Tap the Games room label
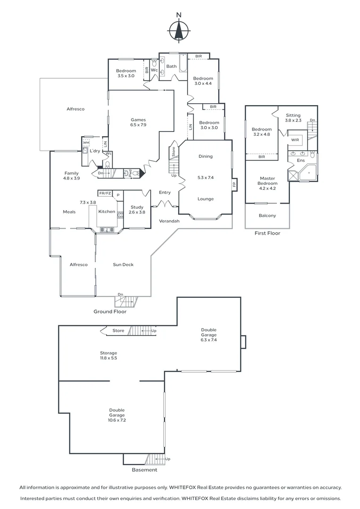(x=138, y=120)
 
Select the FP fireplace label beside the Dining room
(x=234, y=184)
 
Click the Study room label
(x=137, y=207)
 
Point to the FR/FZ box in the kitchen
(x=104, y=193)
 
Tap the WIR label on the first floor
(x=295, y=140)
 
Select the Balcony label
(x=267, y=215)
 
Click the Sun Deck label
(x=123, y=265)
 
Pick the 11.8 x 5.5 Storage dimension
(x=108, y=358)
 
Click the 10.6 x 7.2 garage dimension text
(x=117, y=420)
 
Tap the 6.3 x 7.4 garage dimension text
(x=209, y=339)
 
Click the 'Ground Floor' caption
(x=109, y=312)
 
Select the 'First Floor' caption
(x=267, y=233)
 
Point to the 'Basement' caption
(x=144, y=470)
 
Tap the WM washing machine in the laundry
(x=86, y=143)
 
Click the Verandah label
(x=168, y=221)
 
